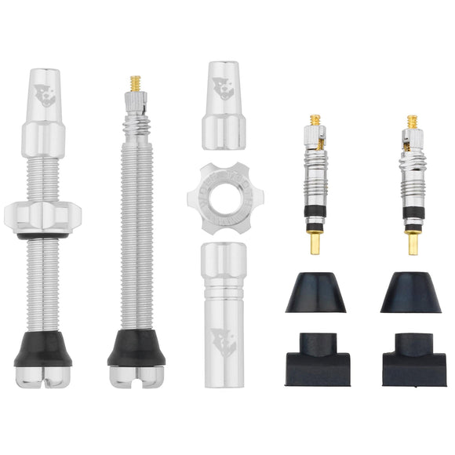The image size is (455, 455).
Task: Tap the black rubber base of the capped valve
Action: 44,351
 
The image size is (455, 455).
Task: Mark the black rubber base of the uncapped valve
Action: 136,349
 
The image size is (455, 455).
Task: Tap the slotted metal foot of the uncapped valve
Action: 136,374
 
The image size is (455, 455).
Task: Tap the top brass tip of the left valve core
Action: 315,119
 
